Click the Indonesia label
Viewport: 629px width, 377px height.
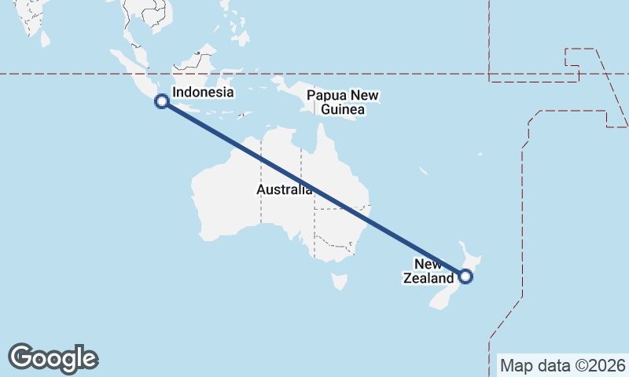tap(203, 93)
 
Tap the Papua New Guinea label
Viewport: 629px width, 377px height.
tap(343, 103)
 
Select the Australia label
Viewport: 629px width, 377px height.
tap(284, 190)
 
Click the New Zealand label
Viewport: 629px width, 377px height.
tap(429, 271)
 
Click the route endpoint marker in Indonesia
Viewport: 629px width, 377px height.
tap(161, 101)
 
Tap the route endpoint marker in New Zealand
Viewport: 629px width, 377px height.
tap(465, 276)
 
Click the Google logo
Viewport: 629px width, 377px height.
tap(53, 358)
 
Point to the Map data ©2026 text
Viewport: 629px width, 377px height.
tap(563, 366)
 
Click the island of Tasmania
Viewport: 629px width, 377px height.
tap(340, 280)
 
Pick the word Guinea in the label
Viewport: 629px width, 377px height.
tap(343, 110)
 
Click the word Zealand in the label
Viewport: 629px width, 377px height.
tap(429, 278)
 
